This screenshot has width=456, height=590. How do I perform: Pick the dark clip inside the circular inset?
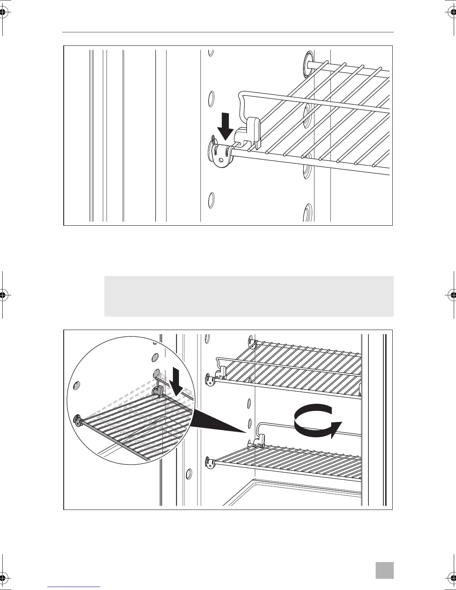[158, 391]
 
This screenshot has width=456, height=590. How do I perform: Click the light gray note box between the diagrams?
[248, 296]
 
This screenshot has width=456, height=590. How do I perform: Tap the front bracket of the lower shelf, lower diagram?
[210, 463]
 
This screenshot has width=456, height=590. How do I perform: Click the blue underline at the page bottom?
[74, 586]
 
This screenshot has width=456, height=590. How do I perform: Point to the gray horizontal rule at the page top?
[228, 32]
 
